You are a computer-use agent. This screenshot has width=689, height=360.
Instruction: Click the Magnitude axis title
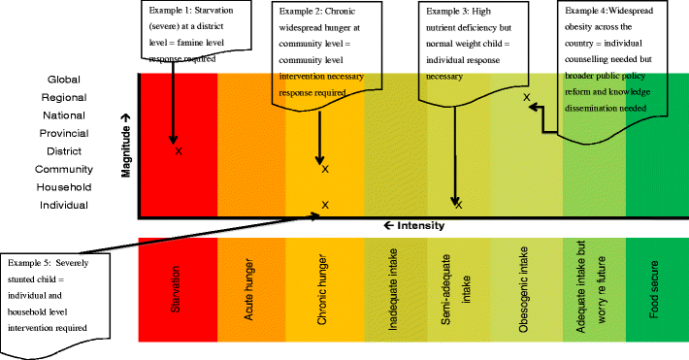pos(125,147)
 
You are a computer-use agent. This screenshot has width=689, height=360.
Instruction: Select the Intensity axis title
pos(414,226)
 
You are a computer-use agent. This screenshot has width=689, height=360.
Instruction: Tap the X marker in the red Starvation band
pos(178,150)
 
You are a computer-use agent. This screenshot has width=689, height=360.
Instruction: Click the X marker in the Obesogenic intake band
pos(527,97)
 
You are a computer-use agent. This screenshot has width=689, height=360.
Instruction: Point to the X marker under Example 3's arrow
pos(458,204)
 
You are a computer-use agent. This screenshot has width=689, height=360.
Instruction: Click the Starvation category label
pos(177,292)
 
